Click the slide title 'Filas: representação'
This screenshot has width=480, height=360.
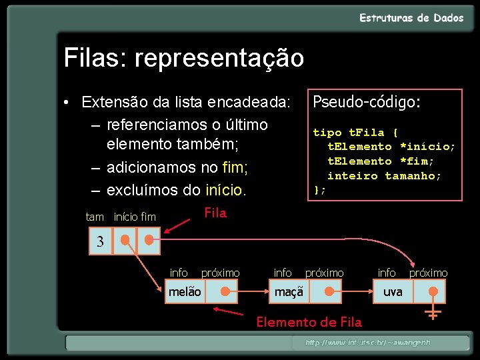pyautogui.click(x=184, y=58)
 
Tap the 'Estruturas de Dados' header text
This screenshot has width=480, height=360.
pyautogui.click(x=411, y=18)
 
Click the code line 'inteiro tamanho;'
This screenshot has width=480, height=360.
pyautogui.click(x=384, y=176)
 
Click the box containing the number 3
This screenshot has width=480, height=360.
pyautogui.click(x=101, y=241)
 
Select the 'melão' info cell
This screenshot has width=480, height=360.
pyautogui.click(x=185, y=292)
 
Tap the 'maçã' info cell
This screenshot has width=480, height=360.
pyautogui.click(x=289, y=292)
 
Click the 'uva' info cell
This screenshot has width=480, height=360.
pyautogui.click(x=393, y=292)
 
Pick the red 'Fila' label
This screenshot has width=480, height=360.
pyautogui.click(x=215, y=213)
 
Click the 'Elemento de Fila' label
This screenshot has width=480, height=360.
pyautogui.click(x=309, y=323)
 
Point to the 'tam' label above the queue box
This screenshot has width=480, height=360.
pyautogui.click(x=95, y=217)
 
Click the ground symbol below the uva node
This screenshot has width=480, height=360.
pyautogui.click(x=433, y=313)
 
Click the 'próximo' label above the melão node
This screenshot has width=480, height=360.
pyautogui.click(x=221, y=273)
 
